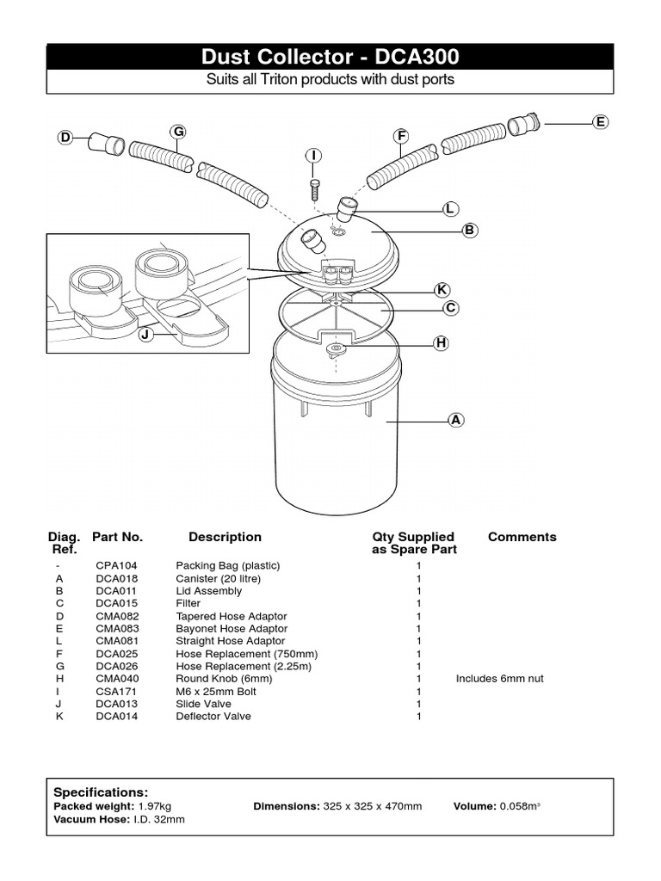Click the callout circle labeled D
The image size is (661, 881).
pyautogui.click(x=65, y=138)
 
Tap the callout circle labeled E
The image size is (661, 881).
pyautogui.click(x=600, y=122)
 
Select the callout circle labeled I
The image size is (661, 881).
pyautogui.click(x=314, y=156)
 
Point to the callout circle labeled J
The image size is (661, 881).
pyautogui.click(x=145, y=334)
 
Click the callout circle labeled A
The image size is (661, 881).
pyautogui.click(x=456, y=420)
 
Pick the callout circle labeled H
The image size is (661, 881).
pyautogui.click(x=442, y=343)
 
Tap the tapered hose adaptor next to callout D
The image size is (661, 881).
pyautogui.click(x=106, y=143)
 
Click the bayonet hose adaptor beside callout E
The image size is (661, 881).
pyautogui.click(x=522, y=125)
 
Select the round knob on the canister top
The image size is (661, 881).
pyautogui.click(x=335, y=349)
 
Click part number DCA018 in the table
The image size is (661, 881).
pyautogui.click(x=118, y=579)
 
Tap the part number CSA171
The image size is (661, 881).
pyautogui.click(x=117, y=691)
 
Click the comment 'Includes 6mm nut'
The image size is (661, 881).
pyautogui.click(x=499, y=679)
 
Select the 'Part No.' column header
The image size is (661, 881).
pyautogui.click(x=117, y=537)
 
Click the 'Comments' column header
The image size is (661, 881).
pyautogui.click(x=522, y=537)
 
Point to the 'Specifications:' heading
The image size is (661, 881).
pyautogui.click(x=101, y=792)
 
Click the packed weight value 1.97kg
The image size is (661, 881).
pyautogui.click(x=155, y=806)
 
